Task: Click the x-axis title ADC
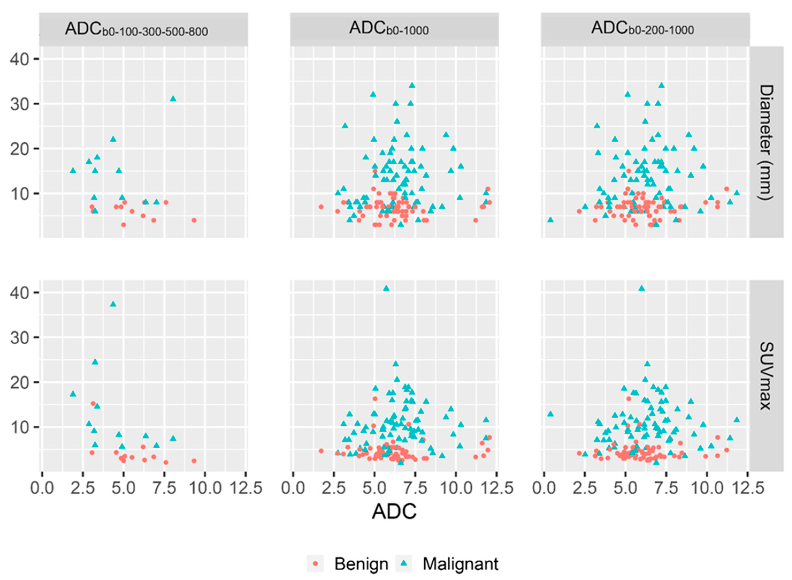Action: pyautogui.click(x=394, y=512)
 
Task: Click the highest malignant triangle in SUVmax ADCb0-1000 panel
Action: pyautogui.click(x=386, y=288)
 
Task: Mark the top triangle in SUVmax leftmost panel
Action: pyautogui.click(x=113, y=304)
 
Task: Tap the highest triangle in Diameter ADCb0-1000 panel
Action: pyautogui.click(x=412, y=85)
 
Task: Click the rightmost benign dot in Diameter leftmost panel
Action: pyautogui.click(x=194, y=220)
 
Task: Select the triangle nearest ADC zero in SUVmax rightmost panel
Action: pyautogui.click(x=550, y=414)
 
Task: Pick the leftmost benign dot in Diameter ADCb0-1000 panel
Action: pyautogui.click(x=321, y=207)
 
